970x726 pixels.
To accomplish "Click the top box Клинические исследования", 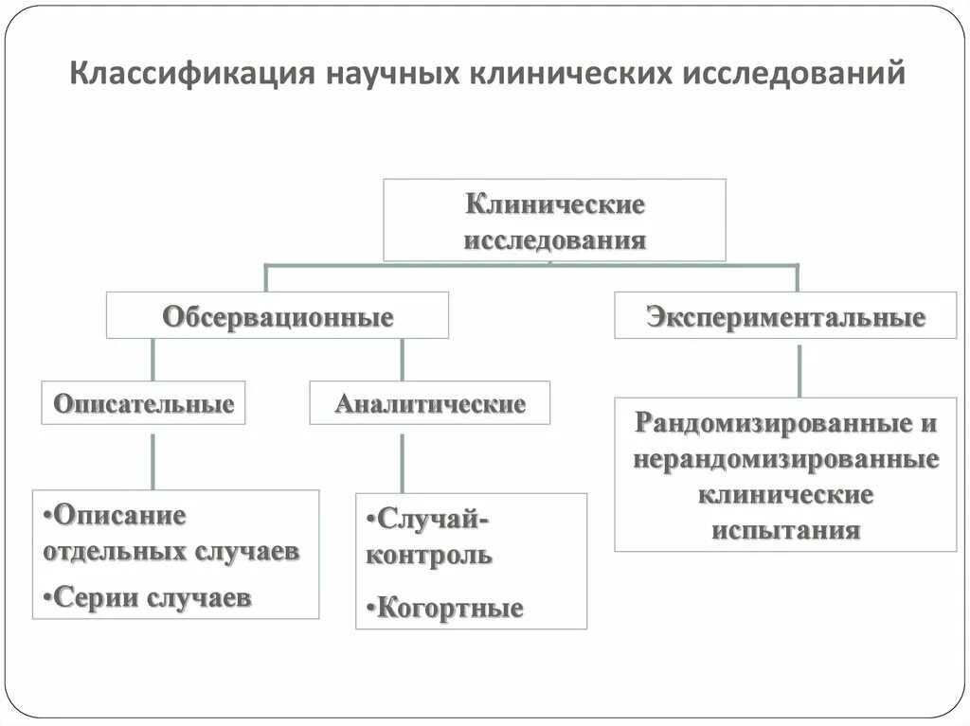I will [554, 220].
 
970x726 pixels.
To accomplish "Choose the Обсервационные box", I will [278, 316].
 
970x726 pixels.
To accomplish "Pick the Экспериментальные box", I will [785, 316].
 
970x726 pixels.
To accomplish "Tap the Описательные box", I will [143, 403].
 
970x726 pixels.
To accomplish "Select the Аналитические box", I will [429, 403].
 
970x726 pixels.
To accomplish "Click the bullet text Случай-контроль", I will [428, 536].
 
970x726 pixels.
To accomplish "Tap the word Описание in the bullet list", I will [120, 516].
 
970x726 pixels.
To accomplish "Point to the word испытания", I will [785, 528].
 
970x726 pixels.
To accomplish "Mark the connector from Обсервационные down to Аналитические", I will [403, 360].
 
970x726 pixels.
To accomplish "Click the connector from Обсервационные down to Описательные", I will [153, 360].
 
